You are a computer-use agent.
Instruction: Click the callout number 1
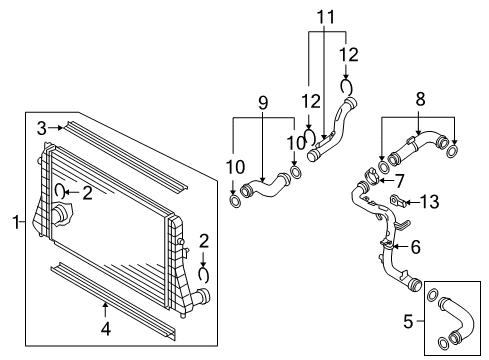pyautogui.click(x=16, y=222)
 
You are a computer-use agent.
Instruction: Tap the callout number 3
pyautogui.click(x=42, y=128)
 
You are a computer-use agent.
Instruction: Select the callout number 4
pyautogui.click(x=106, y=329)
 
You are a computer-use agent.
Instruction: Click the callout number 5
pyautogui.click(x=408, y=321)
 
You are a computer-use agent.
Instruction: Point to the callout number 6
pyautogui.click(x=416, y=247)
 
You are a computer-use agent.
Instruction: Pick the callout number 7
pyautogui.click(x=399, y=181)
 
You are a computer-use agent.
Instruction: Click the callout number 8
pyautogui.click(x=420, y=99)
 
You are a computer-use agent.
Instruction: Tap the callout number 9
pyautogui.click(x=263, y=103)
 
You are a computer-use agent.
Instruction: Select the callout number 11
pyautogui.click(x=325, y=17)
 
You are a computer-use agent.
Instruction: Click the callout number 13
pyautogui.click(x=429, y=202)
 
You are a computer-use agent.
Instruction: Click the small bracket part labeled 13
pyautogui.click(x=397, y=200)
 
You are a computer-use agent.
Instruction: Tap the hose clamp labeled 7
pyautogui.click(x=372, y=176)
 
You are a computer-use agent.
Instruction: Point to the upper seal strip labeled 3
pyautogui.click(x=127, y=156)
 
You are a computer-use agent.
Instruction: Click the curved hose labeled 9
pyautogui.click(x=265, y=187)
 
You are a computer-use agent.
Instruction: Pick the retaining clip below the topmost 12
pyautogui.click(x=346, y=87)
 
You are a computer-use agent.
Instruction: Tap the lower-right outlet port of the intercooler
pyautogui.click(x=201, y=296)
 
